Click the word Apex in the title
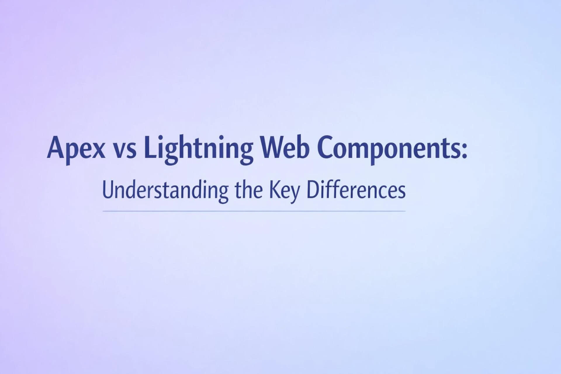point(76,148)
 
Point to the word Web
point(285,147)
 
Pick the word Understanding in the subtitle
point(165,191)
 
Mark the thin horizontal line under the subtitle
point(254,211)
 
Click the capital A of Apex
point(56,147)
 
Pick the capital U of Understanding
point(108,190)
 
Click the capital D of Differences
point(312,190)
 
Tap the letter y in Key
point(295,193)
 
